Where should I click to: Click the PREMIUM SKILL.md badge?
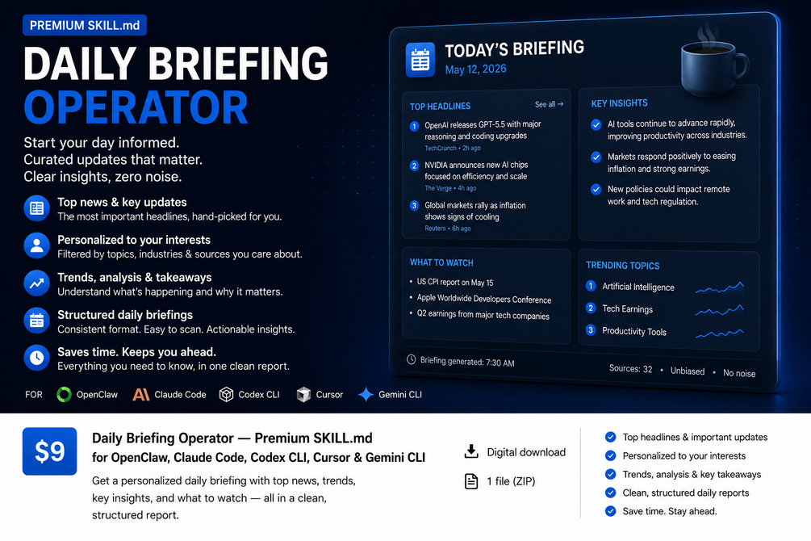85,25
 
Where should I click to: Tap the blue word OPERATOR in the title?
136,107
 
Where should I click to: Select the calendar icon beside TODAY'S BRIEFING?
420,60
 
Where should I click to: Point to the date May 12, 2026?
475,69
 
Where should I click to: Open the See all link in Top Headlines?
549,104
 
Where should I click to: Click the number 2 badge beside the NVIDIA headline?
414,166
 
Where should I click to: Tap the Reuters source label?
435,229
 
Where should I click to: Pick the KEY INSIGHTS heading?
619,103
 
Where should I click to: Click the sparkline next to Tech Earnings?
720,310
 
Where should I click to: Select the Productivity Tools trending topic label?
634,331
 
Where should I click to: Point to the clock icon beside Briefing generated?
412,359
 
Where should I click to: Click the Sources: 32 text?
630,368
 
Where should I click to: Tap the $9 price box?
50,451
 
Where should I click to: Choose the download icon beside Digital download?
471,451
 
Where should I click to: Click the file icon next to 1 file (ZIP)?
471,481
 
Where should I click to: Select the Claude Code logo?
140,395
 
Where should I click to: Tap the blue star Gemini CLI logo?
366,395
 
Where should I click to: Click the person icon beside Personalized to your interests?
37,245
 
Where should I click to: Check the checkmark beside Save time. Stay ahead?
611,511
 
